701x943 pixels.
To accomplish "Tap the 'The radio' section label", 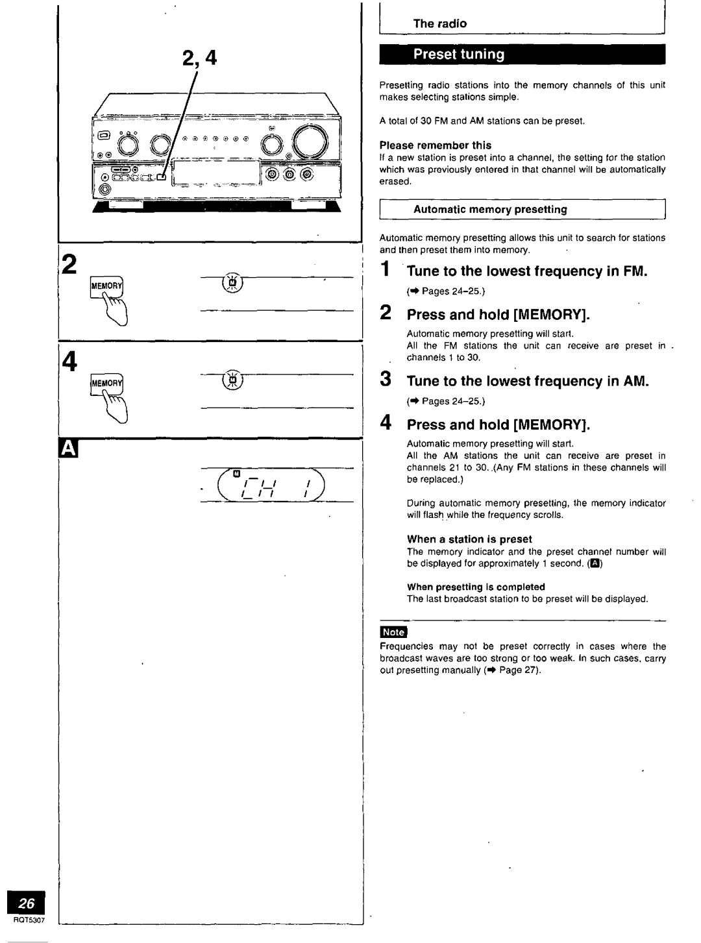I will click(440, 23).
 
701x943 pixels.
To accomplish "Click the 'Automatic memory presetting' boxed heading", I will click(490, 209).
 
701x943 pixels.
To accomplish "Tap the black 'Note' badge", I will click(393, 632).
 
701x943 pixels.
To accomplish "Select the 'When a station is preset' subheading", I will click(469, 539).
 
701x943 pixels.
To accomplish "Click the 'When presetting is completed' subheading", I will click(475, 587).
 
